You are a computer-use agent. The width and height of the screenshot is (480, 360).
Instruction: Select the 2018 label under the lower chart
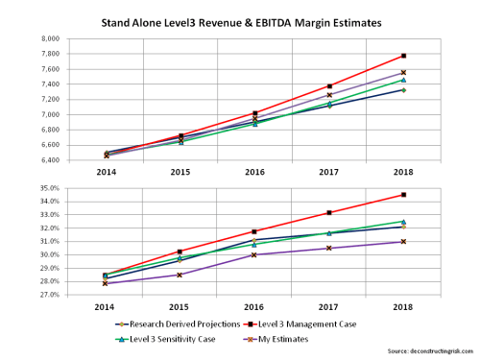pyautogui.click(x=403, y=307)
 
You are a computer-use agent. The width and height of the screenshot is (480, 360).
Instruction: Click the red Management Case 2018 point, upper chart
pyautogui.click(x=403, y=56)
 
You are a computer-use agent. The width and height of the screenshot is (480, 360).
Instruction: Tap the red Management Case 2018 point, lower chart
pyautogui.click(x=403, y=195)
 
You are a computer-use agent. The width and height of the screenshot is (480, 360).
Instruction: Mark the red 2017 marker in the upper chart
pyautogui.click(x=329, y=86)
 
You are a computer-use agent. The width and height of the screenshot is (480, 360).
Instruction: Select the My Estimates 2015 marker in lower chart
pyautogui.click(x=180, y=275)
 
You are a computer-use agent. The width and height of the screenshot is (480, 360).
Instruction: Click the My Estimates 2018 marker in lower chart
pyautogui.click(x=403, y=241)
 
